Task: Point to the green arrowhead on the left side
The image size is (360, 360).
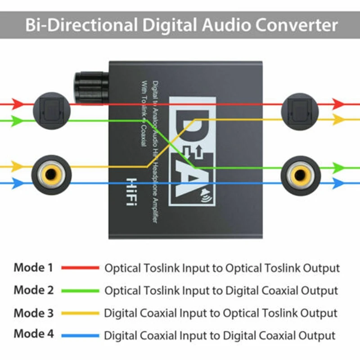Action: pyautogui.click(x=17, y=121)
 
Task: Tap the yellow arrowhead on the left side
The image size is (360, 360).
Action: pyautogui.click(x=17, y=166)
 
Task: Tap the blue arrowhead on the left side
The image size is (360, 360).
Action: pyautogui.click(x=17, y=183)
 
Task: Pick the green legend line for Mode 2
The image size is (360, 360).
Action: pyautogui.click(x=80, y=290)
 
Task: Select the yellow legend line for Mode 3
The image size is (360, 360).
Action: pyautogui.click(x=80, y=313)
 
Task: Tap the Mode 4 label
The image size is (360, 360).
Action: pyautogui.click(x=33, y=334)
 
